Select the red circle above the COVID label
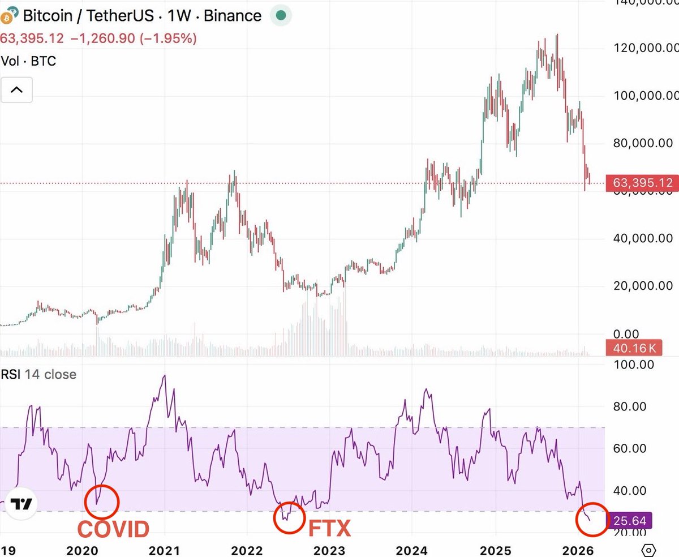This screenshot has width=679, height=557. (102, 502)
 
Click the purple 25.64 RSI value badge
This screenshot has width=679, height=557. (629, 520)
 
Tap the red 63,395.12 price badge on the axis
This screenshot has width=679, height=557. (639, 183)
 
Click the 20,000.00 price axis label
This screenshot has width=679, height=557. (646, 286)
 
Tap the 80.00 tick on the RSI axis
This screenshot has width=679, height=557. (630, 406)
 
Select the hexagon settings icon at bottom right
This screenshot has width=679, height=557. (649, 550)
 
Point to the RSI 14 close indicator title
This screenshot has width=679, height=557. (38, 374)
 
